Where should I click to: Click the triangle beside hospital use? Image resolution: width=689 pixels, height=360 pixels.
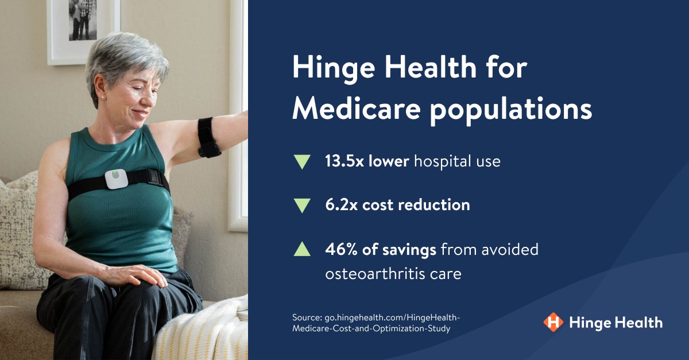tap(301, 161)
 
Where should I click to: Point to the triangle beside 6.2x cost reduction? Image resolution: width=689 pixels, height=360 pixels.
tap(301, 205)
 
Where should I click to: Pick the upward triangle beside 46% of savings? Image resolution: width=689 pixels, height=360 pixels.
tap(301, 249)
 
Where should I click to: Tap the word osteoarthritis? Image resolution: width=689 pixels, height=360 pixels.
tap(367, 274)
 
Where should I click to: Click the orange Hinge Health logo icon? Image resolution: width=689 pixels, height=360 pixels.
tap(553, 322)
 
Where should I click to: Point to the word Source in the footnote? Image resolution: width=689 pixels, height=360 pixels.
tap(307, 317)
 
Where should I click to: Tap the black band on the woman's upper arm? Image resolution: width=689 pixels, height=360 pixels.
tap(207, 137)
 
